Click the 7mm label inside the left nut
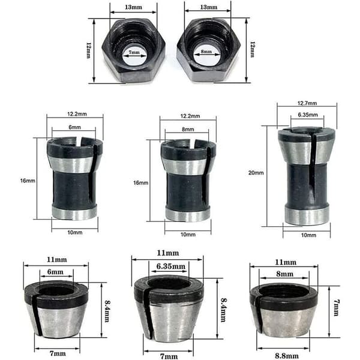(x=134, y=52)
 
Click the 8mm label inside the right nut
(x=206, y=52)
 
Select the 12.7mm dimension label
(x=307, y=103)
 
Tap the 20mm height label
(x=256, y=173)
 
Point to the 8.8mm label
(x=287, y=356)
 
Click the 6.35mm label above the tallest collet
(x=308, y=115)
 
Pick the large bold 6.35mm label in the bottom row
(x=171, y=266)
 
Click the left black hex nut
(x=134, y=50)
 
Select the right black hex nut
(x=208, y=50)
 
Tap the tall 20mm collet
(x=307, y=176)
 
